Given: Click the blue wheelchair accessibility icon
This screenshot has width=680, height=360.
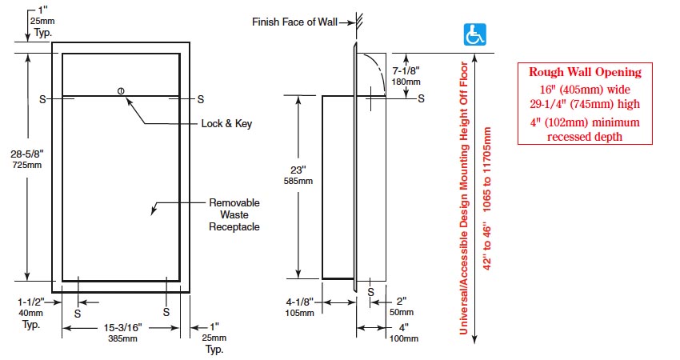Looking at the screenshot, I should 477,34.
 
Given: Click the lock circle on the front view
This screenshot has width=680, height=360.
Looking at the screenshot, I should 120,90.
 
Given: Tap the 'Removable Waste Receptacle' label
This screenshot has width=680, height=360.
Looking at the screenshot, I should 234,214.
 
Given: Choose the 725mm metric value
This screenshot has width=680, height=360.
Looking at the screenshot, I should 29,166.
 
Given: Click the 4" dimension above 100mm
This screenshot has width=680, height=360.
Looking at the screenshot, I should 403,326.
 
